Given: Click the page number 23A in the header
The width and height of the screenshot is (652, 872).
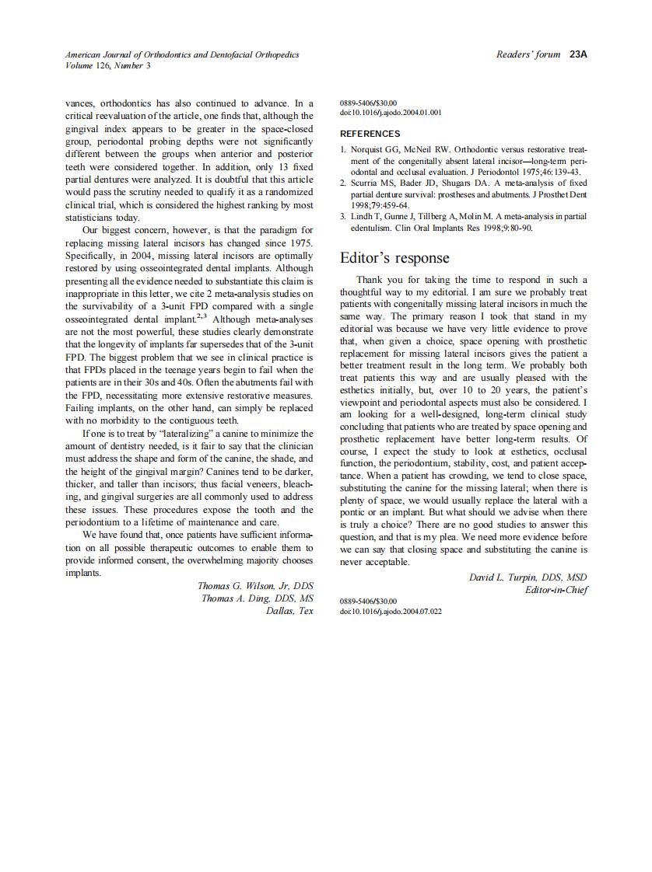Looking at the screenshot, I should [x=577, y=54].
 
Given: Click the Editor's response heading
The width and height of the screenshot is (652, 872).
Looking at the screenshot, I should [x=394, y=257].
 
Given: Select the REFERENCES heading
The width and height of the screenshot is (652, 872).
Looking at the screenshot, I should [x=370, y=134].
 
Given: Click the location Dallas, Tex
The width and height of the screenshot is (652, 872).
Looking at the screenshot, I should [x=289, y=611].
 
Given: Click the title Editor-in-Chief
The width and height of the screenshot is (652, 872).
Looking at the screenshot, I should [x=556, y=590].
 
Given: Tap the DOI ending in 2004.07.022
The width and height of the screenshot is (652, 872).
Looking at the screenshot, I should [x=391, y=612].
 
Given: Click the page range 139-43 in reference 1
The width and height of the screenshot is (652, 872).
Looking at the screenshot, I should [x=565, y=172].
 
